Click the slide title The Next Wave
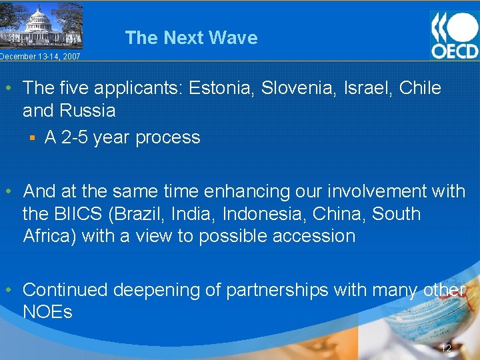(191, 38)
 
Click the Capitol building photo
(41, 25)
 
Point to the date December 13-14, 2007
(40, 57)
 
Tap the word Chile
(420, 88)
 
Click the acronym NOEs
(47, 312)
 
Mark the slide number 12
(446, 348)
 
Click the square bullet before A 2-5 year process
(31, 138)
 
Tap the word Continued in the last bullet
(65, 290)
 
